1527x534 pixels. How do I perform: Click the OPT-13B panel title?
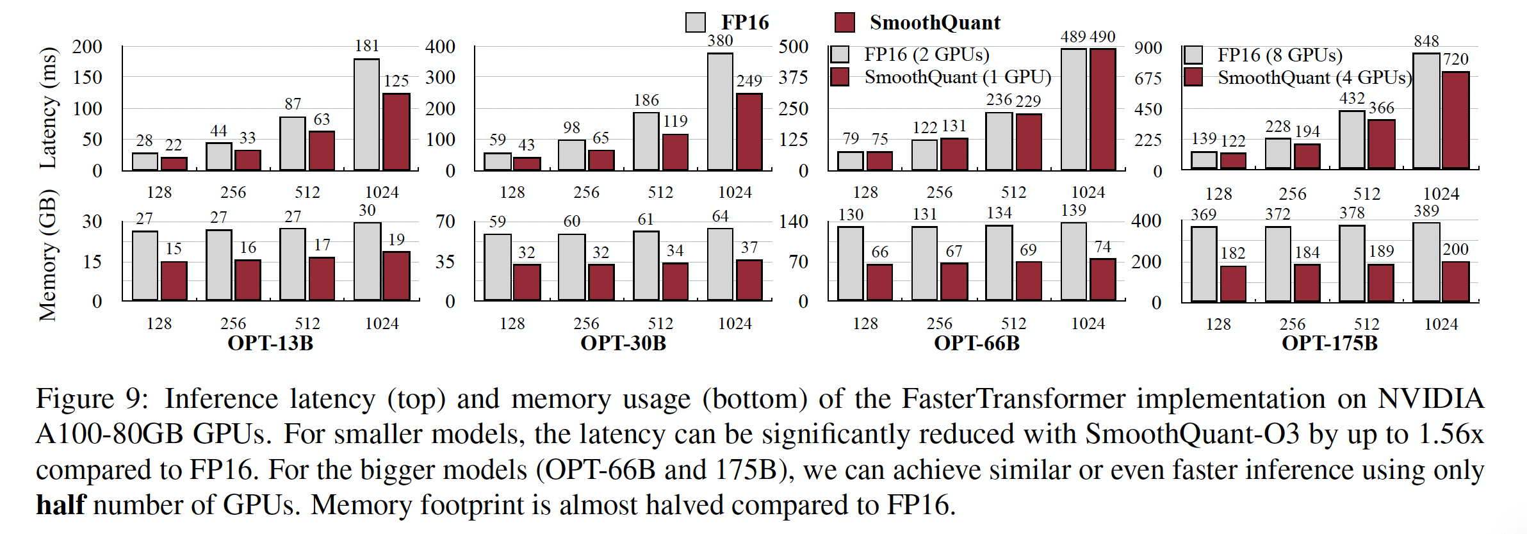click(x=270, y=343)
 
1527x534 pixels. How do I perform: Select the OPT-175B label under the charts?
click(x=1330, y=343)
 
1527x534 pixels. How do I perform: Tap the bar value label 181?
click(x=367, y=46)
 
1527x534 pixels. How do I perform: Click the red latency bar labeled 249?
click(x=749, y=131)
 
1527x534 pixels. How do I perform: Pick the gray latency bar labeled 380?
click(x=720, y=111)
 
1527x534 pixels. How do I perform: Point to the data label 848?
click(x=1426, y=42)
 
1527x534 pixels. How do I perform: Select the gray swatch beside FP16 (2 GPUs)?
click(x=840, y=54)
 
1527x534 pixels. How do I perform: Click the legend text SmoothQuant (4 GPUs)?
click(x=1314, y=77)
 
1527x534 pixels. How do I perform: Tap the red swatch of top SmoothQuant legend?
click(x=845, y=22)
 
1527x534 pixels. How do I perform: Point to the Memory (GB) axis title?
click(x=48, y=255)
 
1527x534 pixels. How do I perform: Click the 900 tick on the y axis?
click(x=1148, y=48)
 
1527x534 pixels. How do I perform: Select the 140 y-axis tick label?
click(x=793, y=222)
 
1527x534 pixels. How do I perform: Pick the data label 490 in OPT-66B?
click(x=1102, y=37)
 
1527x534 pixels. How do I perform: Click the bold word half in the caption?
click(x=60, y=505)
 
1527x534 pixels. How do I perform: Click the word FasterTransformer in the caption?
click(x=1013, y=399)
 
